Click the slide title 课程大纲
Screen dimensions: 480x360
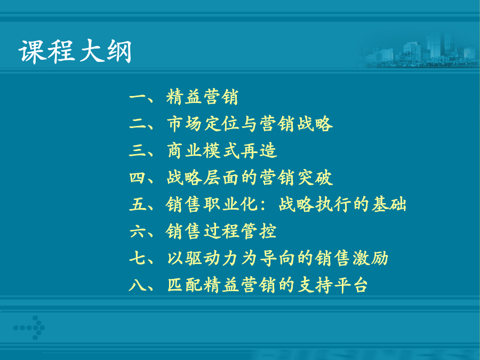click(75, 51)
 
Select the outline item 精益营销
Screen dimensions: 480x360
click(202, 97)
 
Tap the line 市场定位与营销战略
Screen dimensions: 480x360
click(250, 124)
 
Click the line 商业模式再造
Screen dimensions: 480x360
click(222, 150)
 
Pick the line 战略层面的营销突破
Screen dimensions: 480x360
click(250, 178)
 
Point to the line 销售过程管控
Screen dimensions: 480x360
click(221, 231)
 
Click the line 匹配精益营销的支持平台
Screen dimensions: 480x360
click(267, 285)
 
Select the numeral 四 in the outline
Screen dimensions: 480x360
click(138, 178)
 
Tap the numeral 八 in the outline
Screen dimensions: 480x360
click(138, 285)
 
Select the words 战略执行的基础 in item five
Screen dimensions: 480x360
click(342, 204)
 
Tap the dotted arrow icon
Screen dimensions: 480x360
click(29, 327)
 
